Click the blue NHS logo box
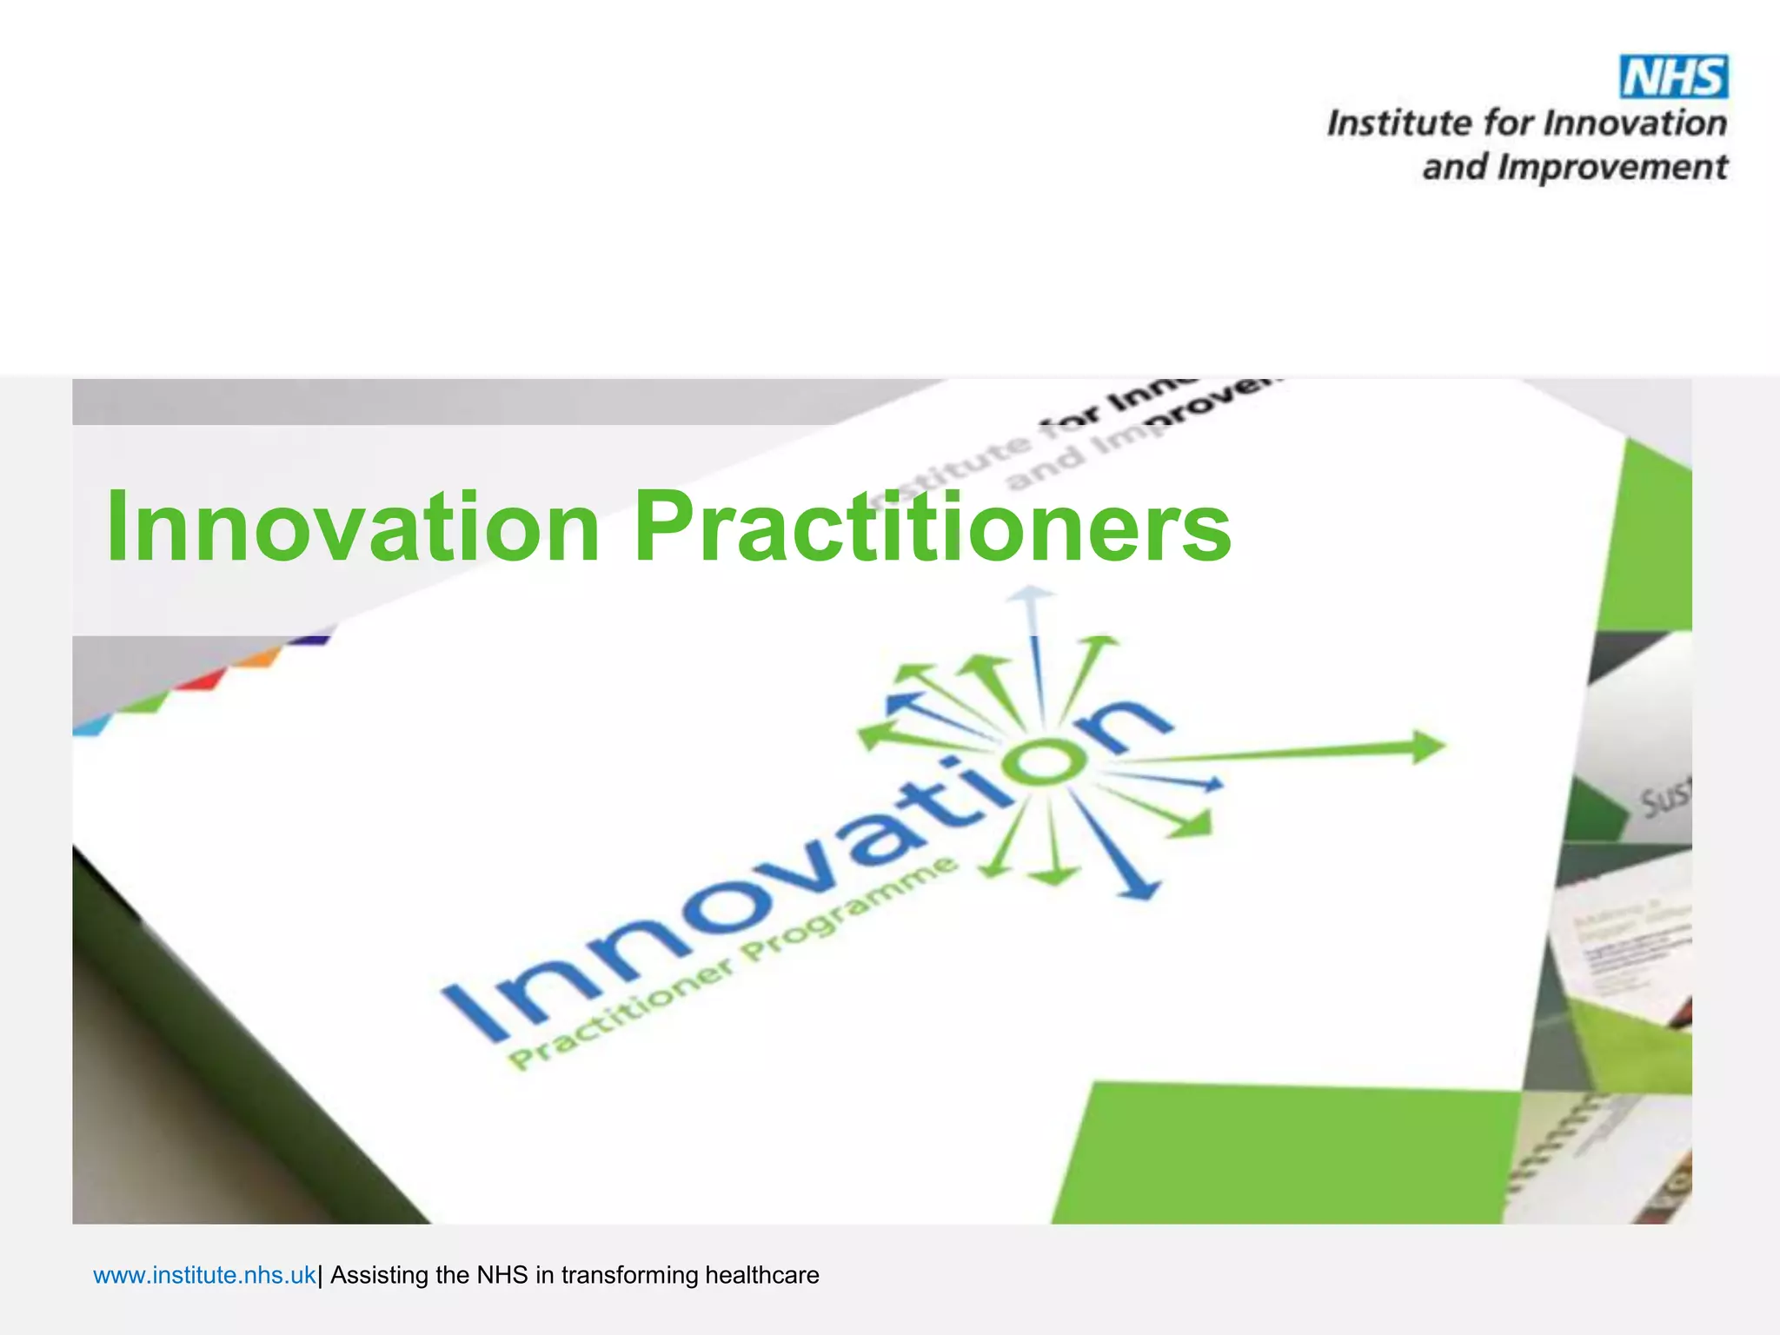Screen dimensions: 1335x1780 click(x=1673, y=77)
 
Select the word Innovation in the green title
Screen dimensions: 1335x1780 click(x=352, y=527)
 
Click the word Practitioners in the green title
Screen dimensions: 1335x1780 click(x=932, y=527)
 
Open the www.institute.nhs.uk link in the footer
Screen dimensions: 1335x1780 click(x=204, y=1275)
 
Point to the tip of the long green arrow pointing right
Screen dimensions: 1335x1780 click(x=1438, y=746)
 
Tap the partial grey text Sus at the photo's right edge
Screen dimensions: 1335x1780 click(x=1664, y=795)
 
